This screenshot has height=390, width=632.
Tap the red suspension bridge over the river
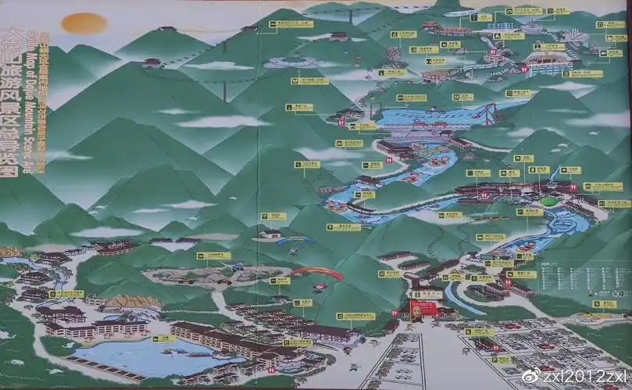[489, 114]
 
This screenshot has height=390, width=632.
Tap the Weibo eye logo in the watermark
[530, 376]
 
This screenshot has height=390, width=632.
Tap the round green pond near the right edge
[549, 200]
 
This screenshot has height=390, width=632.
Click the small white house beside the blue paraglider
[270, 232]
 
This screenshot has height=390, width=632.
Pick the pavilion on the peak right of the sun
[167, 30]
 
